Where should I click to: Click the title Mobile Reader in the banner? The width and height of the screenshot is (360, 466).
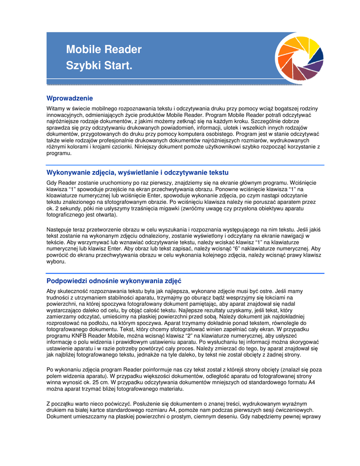104,49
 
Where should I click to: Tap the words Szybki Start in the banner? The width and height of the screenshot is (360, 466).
99,66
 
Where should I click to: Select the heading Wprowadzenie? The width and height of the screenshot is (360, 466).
70,98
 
